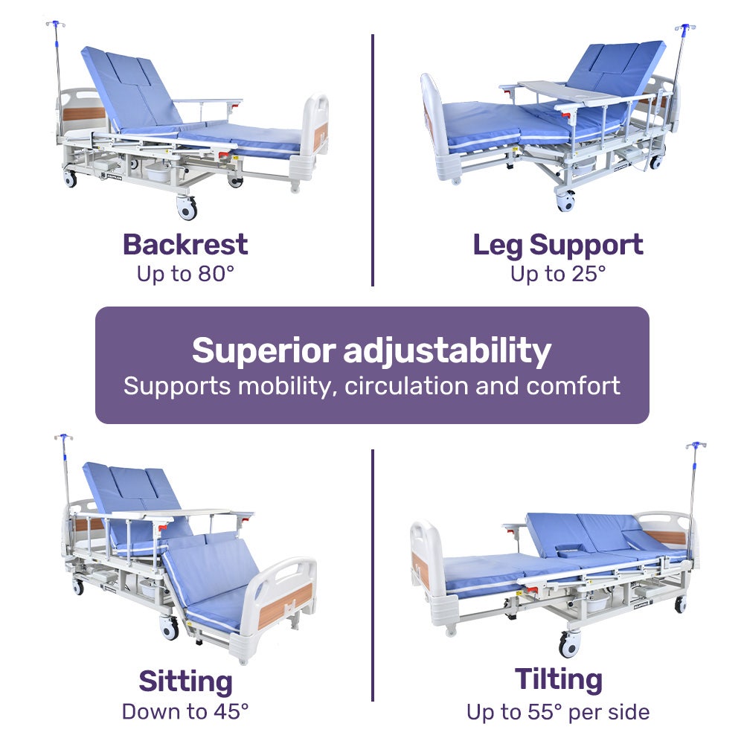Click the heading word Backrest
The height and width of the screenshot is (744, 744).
click(x=185, y=245)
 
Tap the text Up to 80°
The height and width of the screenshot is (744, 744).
click(x=185, y=274)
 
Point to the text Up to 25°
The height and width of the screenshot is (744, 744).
click(x=558, y=274)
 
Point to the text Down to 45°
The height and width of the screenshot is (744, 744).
click(x=185, y=711)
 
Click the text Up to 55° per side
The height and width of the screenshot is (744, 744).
click(x=558, y=712)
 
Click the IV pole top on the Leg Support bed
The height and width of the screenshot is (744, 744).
click(x=684, y=28)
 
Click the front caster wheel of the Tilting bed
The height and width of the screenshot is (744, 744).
click(x=569, y=643)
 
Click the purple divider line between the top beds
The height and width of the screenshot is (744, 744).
click(x=372, y=160)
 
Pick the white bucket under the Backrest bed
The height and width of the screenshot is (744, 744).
click(x=158, y=173)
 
